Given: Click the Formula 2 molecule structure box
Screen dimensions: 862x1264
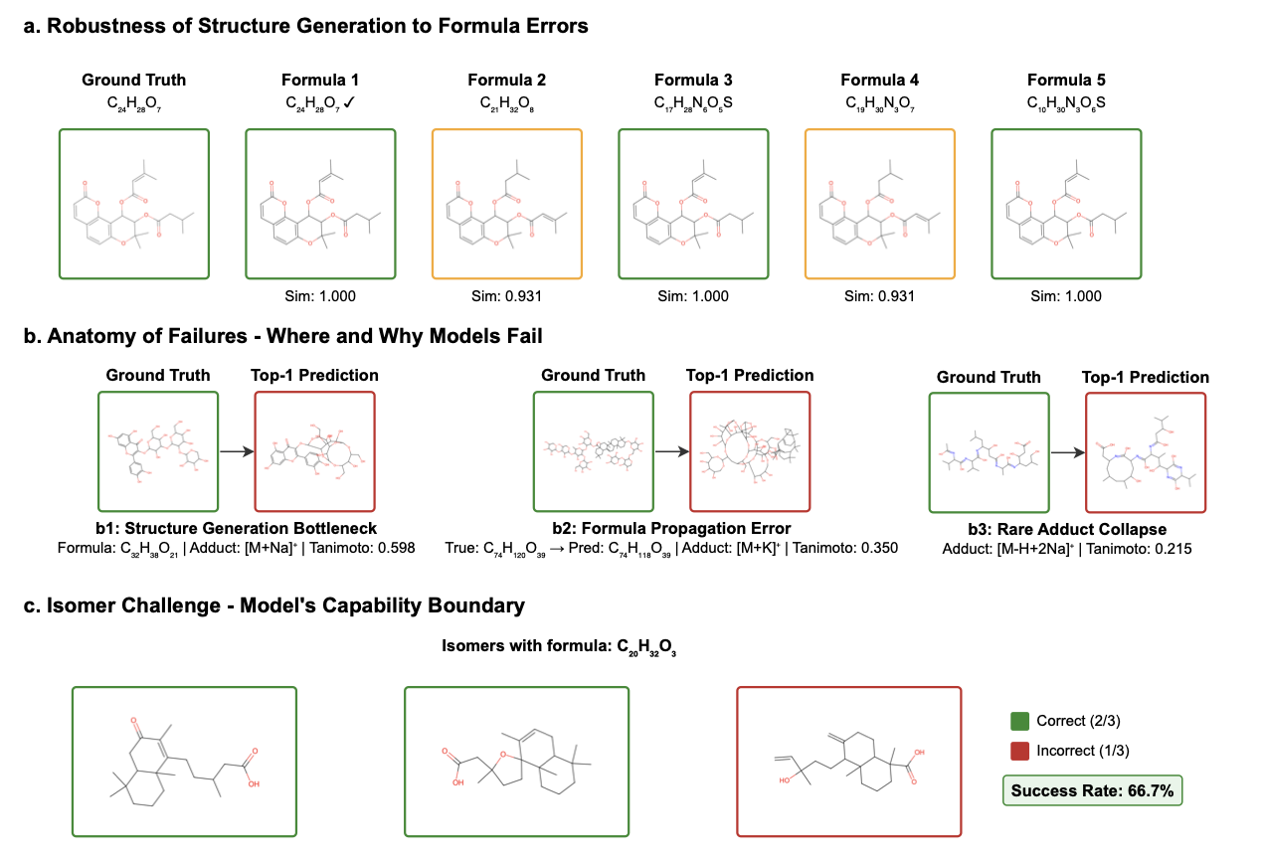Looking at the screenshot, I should (x=506, y=203).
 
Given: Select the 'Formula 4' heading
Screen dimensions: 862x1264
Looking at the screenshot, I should (x=879, y=80).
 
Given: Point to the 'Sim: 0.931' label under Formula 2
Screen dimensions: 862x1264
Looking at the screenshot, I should (x=506, y=296).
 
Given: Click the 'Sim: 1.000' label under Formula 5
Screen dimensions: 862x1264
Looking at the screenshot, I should (x=1066, y=296).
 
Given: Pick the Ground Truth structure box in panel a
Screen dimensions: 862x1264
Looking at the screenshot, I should (x=133, y=203).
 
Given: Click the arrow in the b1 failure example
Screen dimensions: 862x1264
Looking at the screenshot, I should (x=235, y=451).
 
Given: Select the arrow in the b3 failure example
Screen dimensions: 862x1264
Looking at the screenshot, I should (x=1066, y=452).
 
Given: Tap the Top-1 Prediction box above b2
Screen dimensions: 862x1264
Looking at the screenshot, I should (x=750, y=451).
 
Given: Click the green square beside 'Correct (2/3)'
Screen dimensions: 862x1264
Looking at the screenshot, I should (x=1018, y=721).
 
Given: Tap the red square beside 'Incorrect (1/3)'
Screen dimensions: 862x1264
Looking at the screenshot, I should (x=1018, y=751).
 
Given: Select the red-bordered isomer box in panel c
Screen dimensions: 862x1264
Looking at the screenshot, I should (x=848, y=761).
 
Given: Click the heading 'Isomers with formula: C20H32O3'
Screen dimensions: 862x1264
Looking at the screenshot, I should (x=559, y=647).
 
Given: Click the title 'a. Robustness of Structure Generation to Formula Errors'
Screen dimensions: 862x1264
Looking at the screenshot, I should (x=305, y=27).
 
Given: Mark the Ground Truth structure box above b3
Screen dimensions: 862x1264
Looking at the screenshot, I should (x=989, y=452).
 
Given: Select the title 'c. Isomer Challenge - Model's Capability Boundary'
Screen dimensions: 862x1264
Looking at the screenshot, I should (x=273, y=604).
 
